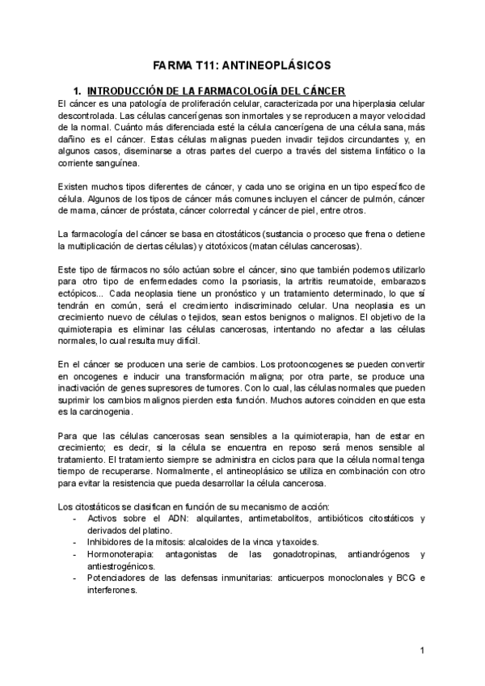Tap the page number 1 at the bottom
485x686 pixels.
tap(423, 650)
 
